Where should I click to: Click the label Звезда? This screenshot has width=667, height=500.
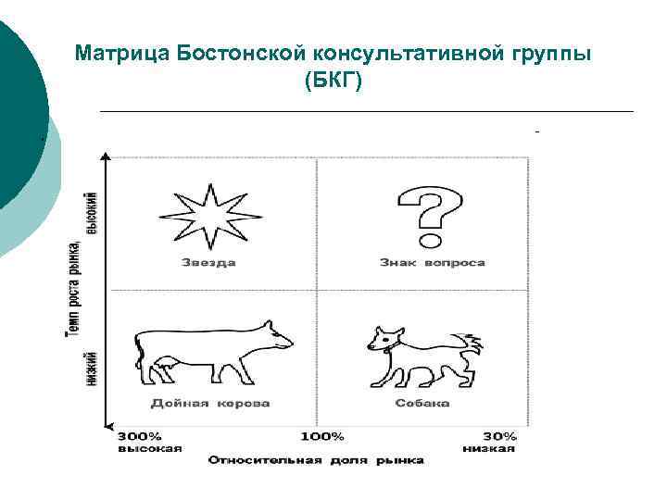pos(208,263)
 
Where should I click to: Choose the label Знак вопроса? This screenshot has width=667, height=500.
pos(432,263)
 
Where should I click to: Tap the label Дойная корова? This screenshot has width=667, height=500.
pos(210,404)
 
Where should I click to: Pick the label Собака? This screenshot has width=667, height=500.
pos(422,404)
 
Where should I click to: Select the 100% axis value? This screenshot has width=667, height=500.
pos(321,436)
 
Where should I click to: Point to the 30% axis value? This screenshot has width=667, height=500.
pos(500,436)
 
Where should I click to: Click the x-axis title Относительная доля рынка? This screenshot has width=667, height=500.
pos(316,460)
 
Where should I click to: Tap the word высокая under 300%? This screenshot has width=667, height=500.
pos(149,448)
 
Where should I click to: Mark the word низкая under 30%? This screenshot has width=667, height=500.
pos(488,448)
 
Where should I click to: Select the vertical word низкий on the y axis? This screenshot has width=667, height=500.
pos(92,368)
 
